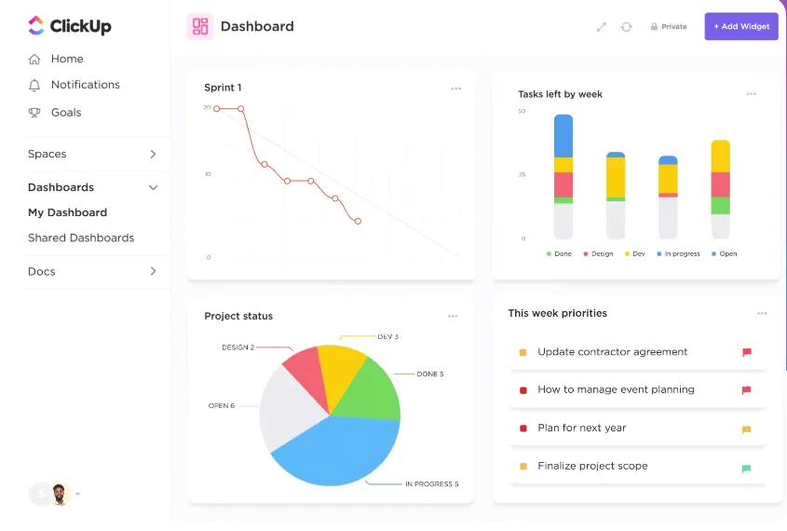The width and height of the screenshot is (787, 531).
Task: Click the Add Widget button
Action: (741, 26)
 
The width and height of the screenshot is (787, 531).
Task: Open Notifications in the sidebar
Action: (86, 85)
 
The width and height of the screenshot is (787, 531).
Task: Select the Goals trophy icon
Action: (34, 113)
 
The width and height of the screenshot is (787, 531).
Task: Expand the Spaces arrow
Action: (153, 154)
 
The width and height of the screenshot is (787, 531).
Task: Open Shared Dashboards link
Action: (81, 238)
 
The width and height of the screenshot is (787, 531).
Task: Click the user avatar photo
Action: (60, 495)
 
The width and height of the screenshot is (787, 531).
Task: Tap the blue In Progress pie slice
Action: (336, 452)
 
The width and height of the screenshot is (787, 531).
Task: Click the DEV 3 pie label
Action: (388, 337)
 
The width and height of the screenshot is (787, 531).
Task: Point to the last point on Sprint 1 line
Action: (358, 222)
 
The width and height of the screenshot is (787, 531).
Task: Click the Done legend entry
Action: (559, 254)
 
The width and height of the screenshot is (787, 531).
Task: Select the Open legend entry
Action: (725, 254)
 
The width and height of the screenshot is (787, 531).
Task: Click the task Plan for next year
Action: (582, 429)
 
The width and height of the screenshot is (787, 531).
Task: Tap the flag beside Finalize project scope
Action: (746, 469)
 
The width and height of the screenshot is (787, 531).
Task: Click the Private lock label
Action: (669, 27)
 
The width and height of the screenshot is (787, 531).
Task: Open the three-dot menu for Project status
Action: (453, 316)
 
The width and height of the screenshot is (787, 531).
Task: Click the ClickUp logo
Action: (70, 25)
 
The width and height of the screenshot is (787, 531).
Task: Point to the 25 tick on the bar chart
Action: (522, 174)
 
